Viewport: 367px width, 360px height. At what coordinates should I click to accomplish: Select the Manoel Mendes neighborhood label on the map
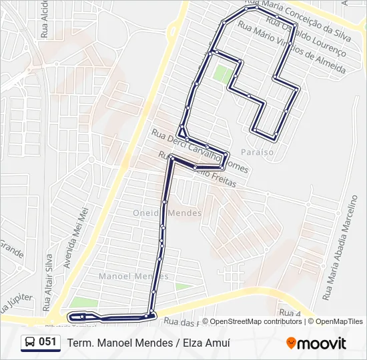133,276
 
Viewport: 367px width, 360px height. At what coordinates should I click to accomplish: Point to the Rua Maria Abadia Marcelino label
340,246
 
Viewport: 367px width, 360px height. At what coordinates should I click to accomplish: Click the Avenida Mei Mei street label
76,237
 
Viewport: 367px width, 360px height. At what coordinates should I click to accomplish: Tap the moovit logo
316,343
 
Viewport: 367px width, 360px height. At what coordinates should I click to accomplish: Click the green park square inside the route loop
223,73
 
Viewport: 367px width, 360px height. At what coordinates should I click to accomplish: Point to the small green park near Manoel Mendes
181,287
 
